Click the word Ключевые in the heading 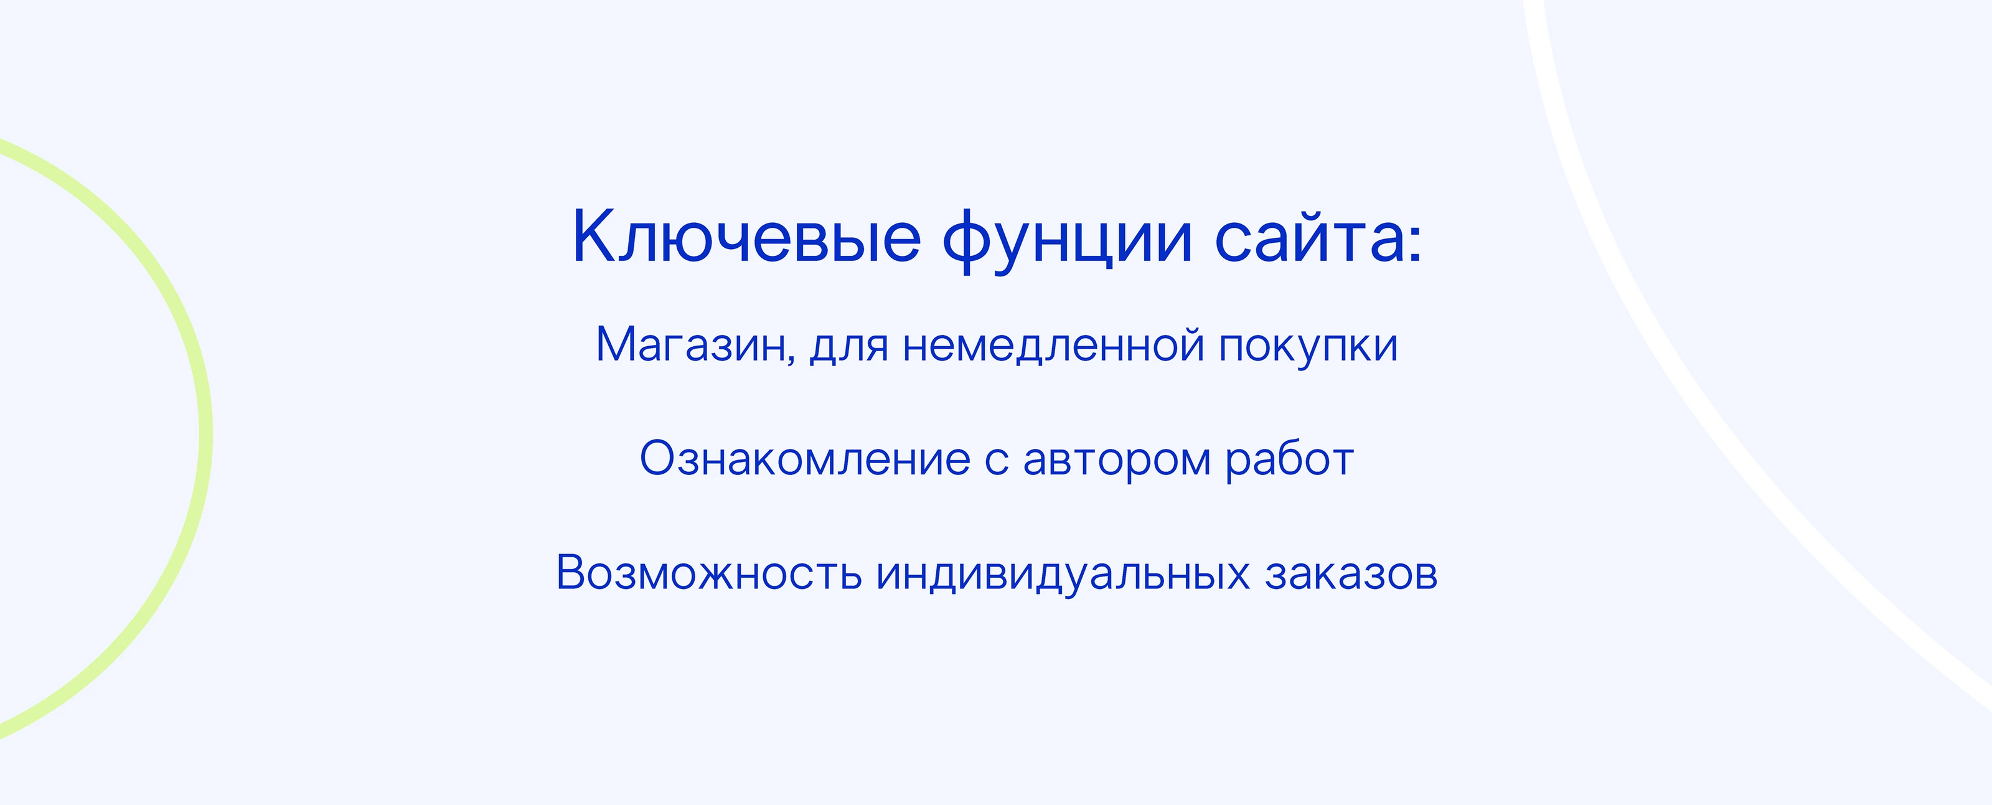coord(746,237)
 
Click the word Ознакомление coord(804,459)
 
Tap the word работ coord(1290,459)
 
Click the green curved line coord(205,433)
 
